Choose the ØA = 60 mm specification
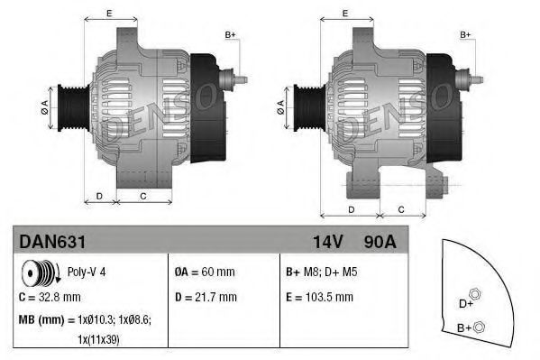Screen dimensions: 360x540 (206, 271)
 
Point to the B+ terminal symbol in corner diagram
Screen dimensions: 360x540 (479, 327)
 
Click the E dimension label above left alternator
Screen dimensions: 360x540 (109, 13)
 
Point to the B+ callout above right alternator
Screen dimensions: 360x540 (466, 34)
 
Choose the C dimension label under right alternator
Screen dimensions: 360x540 (401, 210)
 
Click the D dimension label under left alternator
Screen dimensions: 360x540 (100, 195)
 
